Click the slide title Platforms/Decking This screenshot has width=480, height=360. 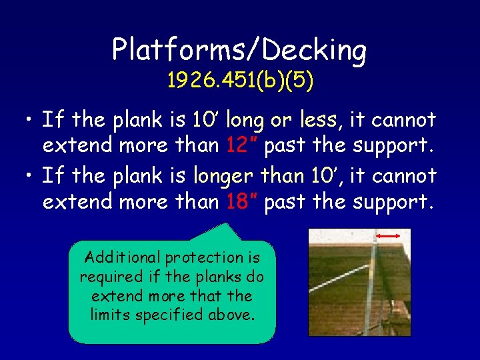coord(239,50)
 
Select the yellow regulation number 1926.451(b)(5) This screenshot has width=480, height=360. coord(239,81)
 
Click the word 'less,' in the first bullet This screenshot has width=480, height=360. coord(321,120)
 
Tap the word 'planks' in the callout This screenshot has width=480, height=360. coord(215,277)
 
